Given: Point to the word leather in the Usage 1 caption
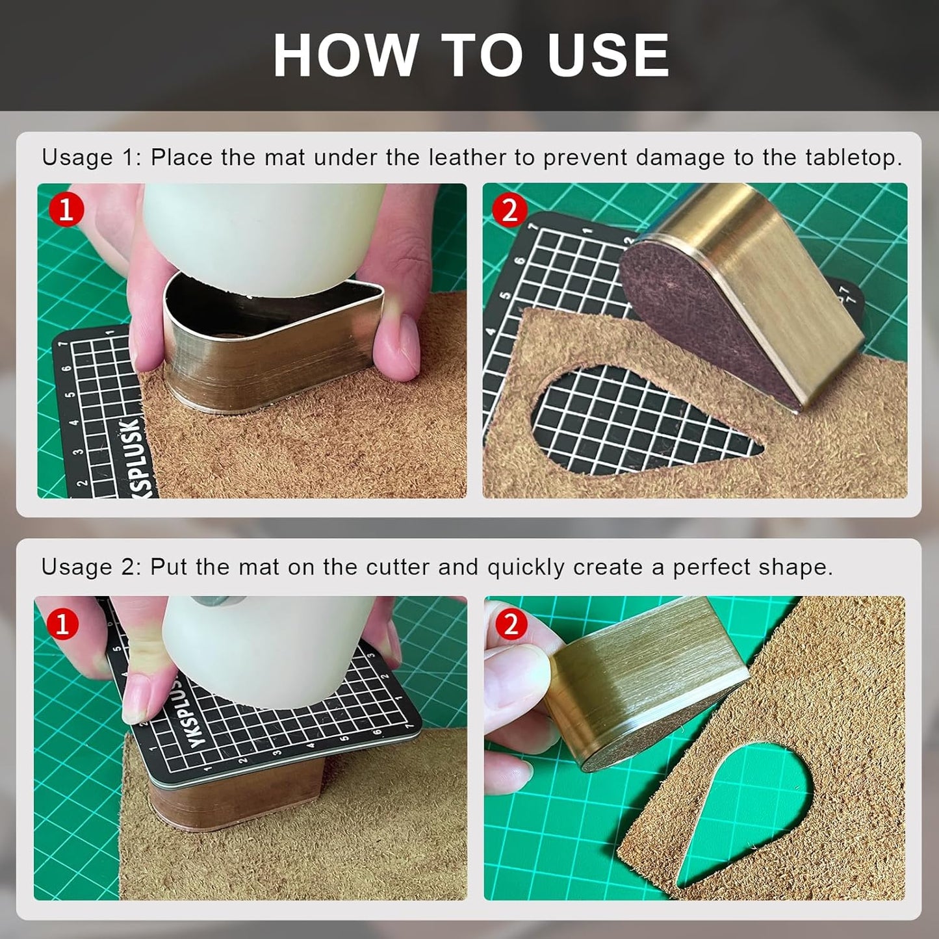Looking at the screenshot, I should [467, 158].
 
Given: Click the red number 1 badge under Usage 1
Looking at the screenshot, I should [66, 209].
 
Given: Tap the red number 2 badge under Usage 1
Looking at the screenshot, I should [509, 210].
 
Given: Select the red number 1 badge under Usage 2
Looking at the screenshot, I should [62, 624].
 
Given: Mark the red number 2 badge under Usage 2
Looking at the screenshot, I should [511, 624].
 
